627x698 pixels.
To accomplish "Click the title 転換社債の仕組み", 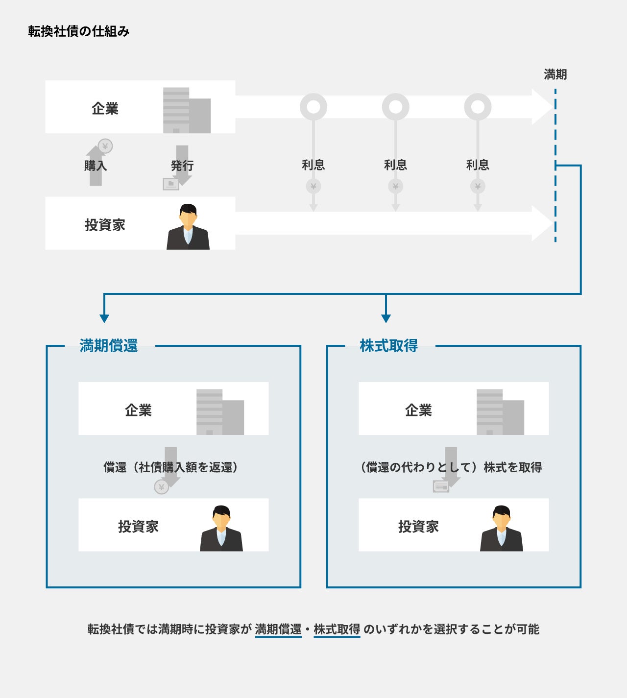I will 78,32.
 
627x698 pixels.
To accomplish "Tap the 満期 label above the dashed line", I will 555,74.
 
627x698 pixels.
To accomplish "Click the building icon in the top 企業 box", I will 187,110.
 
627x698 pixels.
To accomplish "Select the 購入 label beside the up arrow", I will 96,166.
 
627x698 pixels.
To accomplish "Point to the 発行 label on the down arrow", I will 182,166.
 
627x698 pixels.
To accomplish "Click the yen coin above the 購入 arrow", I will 105,146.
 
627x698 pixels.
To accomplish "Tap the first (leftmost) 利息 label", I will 313,165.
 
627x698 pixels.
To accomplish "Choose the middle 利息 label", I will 395,165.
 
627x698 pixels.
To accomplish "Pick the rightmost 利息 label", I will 478,165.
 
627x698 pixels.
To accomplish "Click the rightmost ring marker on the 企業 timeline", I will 478,107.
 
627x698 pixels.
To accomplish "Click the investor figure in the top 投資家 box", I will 188,227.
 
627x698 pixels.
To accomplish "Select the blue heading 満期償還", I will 109,346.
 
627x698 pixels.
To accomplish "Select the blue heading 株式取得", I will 388,346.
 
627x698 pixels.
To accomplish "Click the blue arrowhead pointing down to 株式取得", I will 386,318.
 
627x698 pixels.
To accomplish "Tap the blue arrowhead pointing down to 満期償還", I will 104,318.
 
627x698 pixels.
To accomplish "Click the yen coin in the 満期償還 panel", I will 161,487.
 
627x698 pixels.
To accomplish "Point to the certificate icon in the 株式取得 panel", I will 441,486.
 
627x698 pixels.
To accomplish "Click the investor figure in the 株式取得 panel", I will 502,529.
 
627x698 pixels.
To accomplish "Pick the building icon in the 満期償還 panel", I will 220,412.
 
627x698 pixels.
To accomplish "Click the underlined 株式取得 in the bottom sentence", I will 337,629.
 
